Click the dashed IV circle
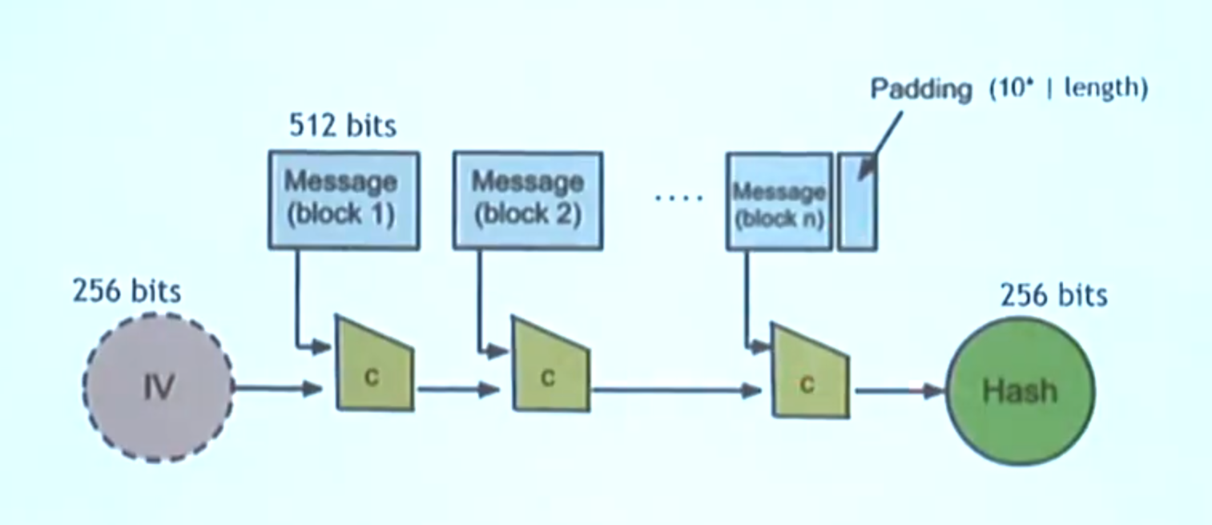(x=159, y=387)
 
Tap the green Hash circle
(x=1021, y=391)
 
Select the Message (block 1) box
(x=344, y=200)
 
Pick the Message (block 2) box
(x=528, y=200)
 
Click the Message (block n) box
(x=779, y=201)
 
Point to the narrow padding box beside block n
(x=858, y=201)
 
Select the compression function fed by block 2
(x=551, y=364)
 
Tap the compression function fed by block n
(x=810, y=371)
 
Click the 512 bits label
(x=343, y=126)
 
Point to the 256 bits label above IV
(x=127, y=291)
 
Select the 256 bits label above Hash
(x=1054, y=295)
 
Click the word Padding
(x=921, y=89)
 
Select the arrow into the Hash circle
(x=900, y=390)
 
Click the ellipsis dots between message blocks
(x=679, y=198)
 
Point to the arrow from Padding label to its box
(x=880, y=145)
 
